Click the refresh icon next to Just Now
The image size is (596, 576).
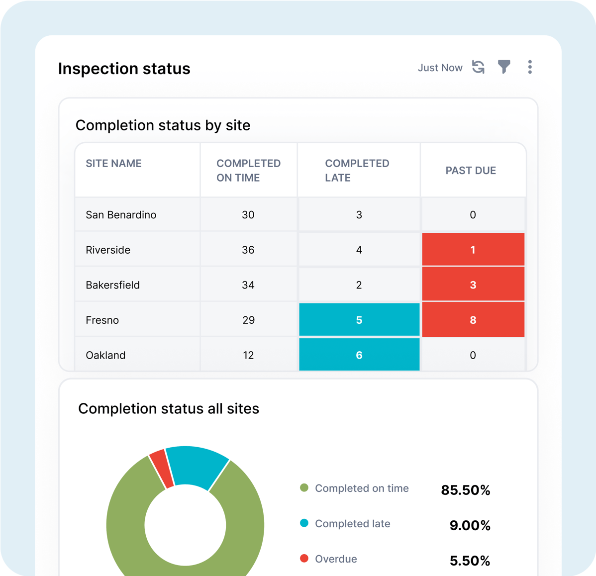coord(478,67)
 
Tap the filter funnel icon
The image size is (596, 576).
coord(504,67)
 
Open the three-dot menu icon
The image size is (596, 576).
coord(530,67)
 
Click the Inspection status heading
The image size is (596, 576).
coord(124,69)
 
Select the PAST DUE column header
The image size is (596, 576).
coord(471,171)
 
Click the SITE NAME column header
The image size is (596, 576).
coord(113,164)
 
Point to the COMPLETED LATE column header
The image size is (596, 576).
coord(357,171)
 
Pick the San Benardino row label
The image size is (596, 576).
coord(121,215)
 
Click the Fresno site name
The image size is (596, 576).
coord(102,320)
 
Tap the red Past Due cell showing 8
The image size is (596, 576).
coord(473,320)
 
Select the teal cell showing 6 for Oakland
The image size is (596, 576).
coord(359,355)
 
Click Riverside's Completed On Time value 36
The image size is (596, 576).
coord(248,250)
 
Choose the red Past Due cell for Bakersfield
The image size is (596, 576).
coord(473,285)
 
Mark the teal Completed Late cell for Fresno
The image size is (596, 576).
coord(359,320)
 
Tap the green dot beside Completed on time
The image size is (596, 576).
coord(304,488)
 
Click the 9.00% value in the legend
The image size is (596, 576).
coord(470,526)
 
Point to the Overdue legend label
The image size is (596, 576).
coord(336,559)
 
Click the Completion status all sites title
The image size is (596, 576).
coord(169,409)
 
